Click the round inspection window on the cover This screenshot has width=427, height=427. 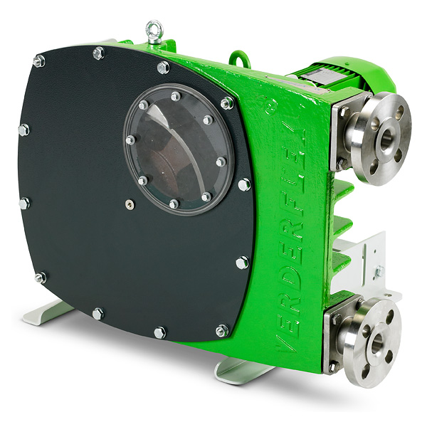tap(179, 149)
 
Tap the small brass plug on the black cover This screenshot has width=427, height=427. tap(130, 204)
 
